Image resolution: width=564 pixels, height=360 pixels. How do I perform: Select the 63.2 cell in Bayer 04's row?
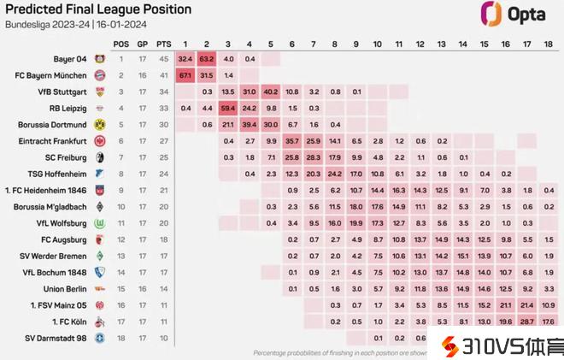point(207,58)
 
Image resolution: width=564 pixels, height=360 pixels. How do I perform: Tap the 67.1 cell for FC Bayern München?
point(185,74)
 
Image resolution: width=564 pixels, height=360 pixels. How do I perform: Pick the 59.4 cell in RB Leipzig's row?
point(228,108)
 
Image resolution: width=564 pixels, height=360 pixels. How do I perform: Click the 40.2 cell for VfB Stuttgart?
point(271,91)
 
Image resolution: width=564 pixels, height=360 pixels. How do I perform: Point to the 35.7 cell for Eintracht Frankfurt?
point(292,140)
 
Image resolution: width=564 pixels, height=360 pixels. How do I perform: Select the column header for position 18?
point(548,43)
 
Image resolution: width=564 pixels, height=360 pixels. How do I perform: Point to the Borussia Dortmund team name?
point(52,124)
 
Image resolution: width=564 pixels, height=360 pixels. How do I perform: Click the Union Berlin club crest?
point(100,289)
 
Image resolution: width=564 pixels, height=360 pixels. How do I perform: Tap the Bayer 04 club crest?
point(100,58)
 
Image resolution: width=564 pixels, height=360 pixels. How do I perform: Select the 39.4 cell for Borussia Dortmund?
point(250,124)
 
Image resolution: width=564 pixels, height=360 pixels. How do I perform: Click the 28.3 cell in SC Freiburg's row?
point(314,157)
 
